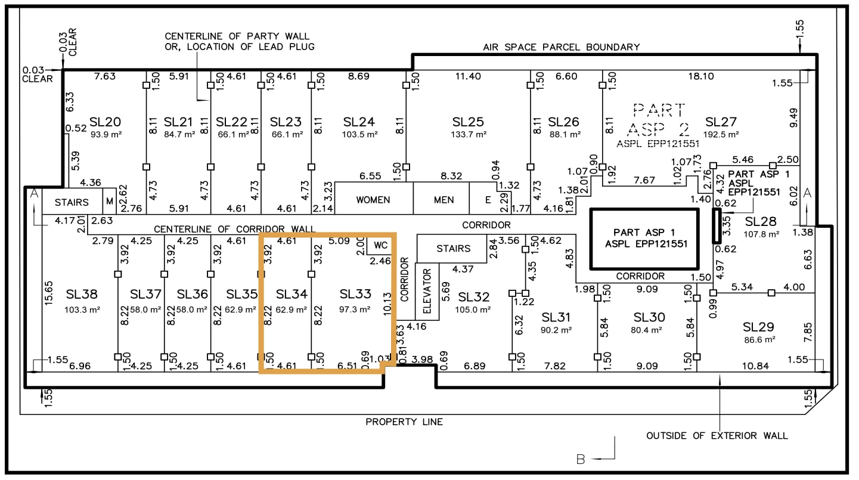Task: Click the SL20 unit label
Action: [x=105, y=122]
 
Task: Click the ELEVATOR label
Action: [x=427, y=291]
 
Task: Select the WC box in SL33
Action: [x=380, y=244]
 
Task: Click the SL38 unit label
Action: [x=82, y=294]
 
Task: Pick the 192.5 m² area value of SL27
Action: [x=722, y=135]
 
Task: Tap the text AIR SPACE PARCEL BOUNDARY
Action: [x=561, y=47]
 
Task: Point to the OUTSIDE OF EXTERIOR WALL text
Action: [x=717, y=436]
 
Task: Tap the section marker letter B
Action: [x=581, y=459]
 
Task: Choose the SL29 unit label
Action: [x=758, y=327]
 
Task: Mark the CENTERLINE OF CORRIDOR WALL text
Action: [x=234, y=229]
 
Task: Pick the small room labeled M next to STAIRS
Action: [x=110, y=202]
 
